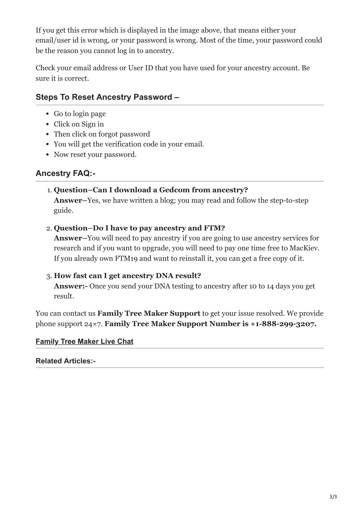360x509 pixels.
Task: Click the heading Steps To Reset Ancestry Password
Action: [x=107, y=97]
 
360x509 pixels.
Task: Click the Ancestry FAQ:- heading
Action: [x=65, y=173]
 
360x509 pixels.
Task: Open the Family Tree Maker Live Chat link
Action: [x=84, y=341]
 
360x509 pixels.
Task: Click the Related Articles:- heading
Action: [x=65, y=361]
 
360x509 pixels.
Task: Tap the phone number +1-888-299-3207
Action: [x=283, y=324]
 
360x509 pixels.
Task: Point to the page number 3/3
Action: [x=333, y=496]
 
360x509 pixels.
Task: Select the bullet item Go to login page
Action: [x=80, y=114]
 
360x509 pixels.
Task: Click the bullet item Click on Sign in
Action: [x=79, y=124]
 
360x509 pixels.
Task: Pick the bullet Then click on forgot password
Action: [x=102, y=134]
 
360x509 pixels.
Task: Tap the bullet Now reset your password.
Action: [x=95, y=155]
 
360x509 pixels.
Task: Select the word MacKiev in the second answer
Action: [x=304, y=248]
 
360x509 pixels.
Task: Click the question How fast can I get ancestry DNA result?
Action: [x=127, y=276]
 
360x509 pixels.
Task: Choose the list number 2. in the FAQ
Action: [x=49, y=228]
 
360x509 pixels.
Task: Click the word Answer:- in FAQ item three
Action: [x=71, y=286]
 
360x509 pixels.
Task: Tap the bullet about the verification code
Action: [x=129, y=144]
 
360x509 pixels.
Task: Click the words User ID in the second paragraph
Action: [x=140, y=68]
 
